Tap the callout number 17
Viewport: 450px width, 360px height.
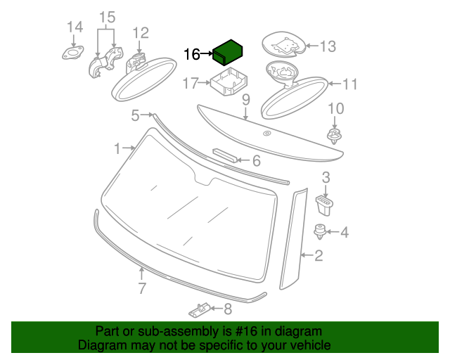[191, 84]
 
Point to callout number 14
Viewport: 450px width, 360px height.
[75, 27]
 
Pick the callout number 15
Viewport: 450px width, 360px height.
[106, 17]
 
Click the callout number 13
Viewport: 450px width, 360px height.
[328, 46]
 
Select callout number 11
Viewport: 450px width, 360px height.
[349, 84]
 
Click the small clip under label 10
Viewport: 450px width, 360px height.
[335, 135]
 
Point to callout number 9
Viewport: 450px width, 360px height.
[246, 101]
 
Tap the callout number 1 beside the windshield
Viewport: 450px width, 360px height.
[118, 148]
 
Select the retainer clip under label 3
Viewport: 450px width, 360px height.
[325, 205]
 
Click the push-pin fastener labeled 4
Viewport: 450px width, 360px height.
[321, 231]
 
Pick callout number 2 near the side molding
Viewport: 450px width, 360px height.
[319, 256]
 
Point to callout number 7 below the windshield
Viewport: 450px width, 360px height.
[142, 288]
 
